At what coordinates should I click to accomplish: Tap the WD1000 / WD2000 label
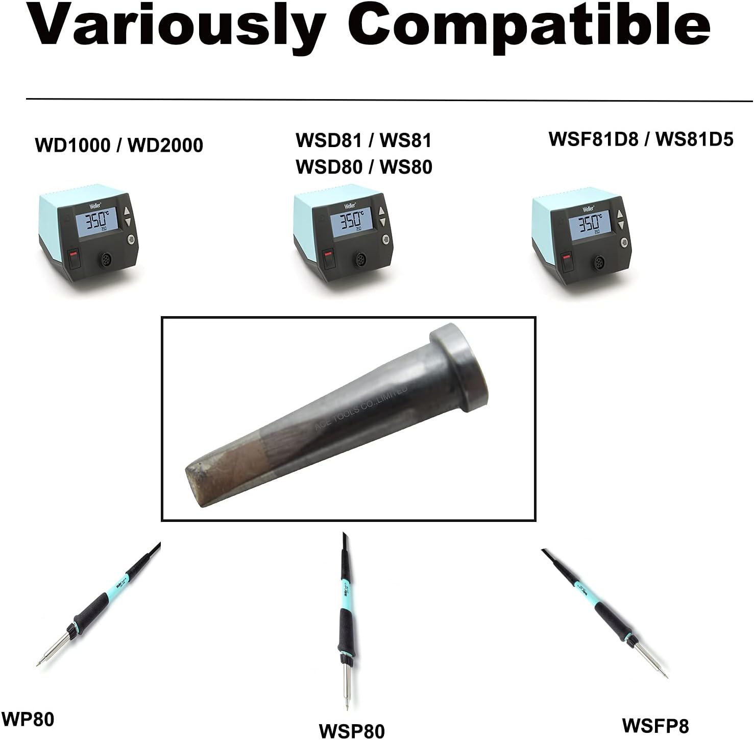(x=119, y=146)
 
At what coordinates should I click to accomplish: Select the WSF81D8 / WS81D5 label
(x=641, y=139)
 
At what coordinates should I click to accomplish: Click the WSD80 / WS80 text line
(x=364, y=167)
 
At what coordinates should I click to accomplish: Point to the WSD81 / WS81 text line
(x=364, y=140)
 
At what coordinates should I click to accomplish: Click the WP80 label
(x=28, y=720)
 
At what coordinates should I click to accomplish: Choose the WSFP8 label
(x=655, y=726)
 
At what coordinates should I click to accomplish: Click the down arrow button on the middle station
(x=381, y=223)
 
